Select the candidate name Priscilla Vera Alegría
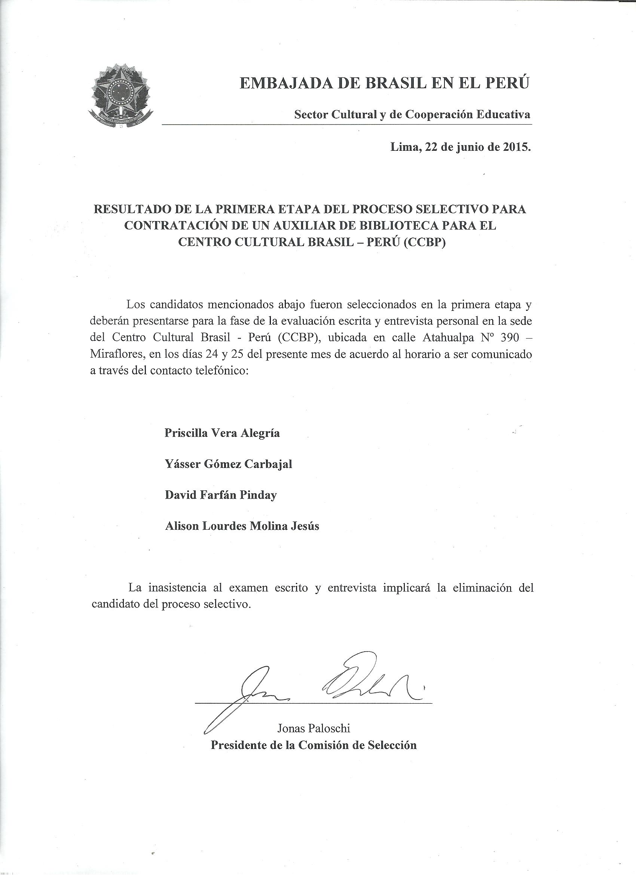pyautogui.click(x=222, y=433)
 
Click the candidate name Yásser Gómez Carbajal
pyautogui.click(x=229, y=464)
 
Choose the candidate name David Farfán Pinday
pyautogui.click(x=221, y=495)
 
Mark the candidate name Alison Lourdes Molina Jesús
pyautogui.click(x=242, y=526)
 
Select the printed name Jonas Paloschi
pyautogui.click(x=314, y=728)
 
